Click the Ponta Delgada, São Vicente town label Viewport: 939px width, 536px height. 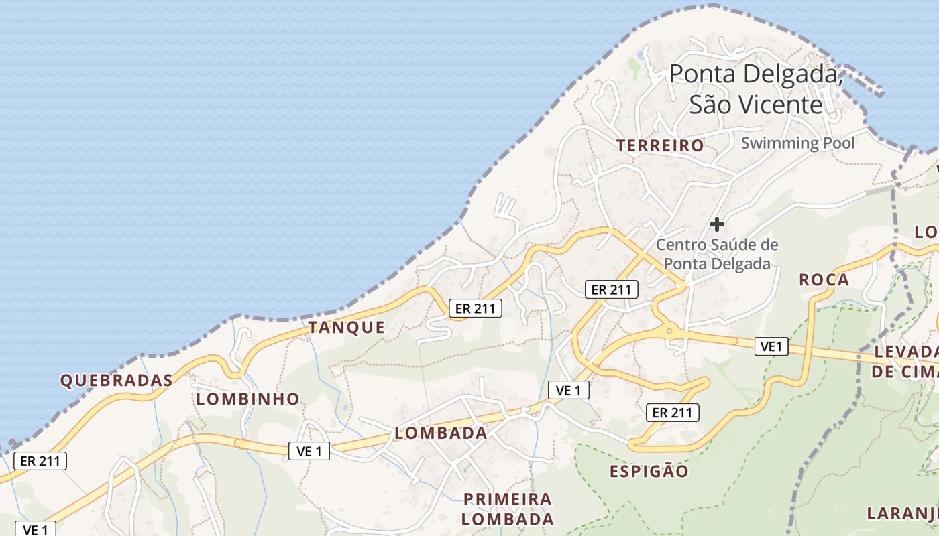(756, 89)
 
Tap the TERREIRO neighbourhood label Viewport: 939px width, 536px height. (660, 145)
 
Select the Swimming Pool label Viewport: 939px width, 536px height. (797, 143)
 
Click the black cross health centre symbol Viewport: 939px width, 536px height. (717, 224)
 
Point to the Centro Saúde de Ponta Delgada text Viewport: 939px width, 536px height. (717, 254)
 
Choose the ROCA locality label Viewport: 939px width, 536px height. (824, 280)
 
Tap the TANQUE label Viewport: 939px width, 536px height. (346, 328)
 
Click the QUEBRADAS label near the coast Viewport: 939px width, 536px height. (116, 381)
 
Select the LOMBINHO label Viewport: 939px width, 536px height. (247, 399)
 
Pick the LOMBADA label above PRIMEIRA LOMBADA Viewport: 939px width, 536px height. (441, 433)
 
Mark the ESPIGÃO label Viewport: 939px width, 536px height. (649, 472)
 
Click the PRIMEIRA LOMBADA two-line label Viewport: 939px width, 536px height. (508, 509)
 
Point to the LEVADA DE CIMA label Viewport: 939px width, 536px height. (905, 362)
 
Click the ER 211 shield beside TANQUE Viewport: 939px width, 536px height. (475, 308)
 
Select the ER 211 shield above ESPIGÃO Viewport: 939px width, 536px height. (672, 413)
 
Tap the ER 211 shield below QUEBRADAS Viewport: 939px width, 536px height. (40, 461)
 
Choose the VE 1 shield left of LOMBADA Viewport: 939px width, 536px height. (309, 452)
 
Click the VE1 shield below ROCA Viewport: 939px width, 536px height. (771, 346)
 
